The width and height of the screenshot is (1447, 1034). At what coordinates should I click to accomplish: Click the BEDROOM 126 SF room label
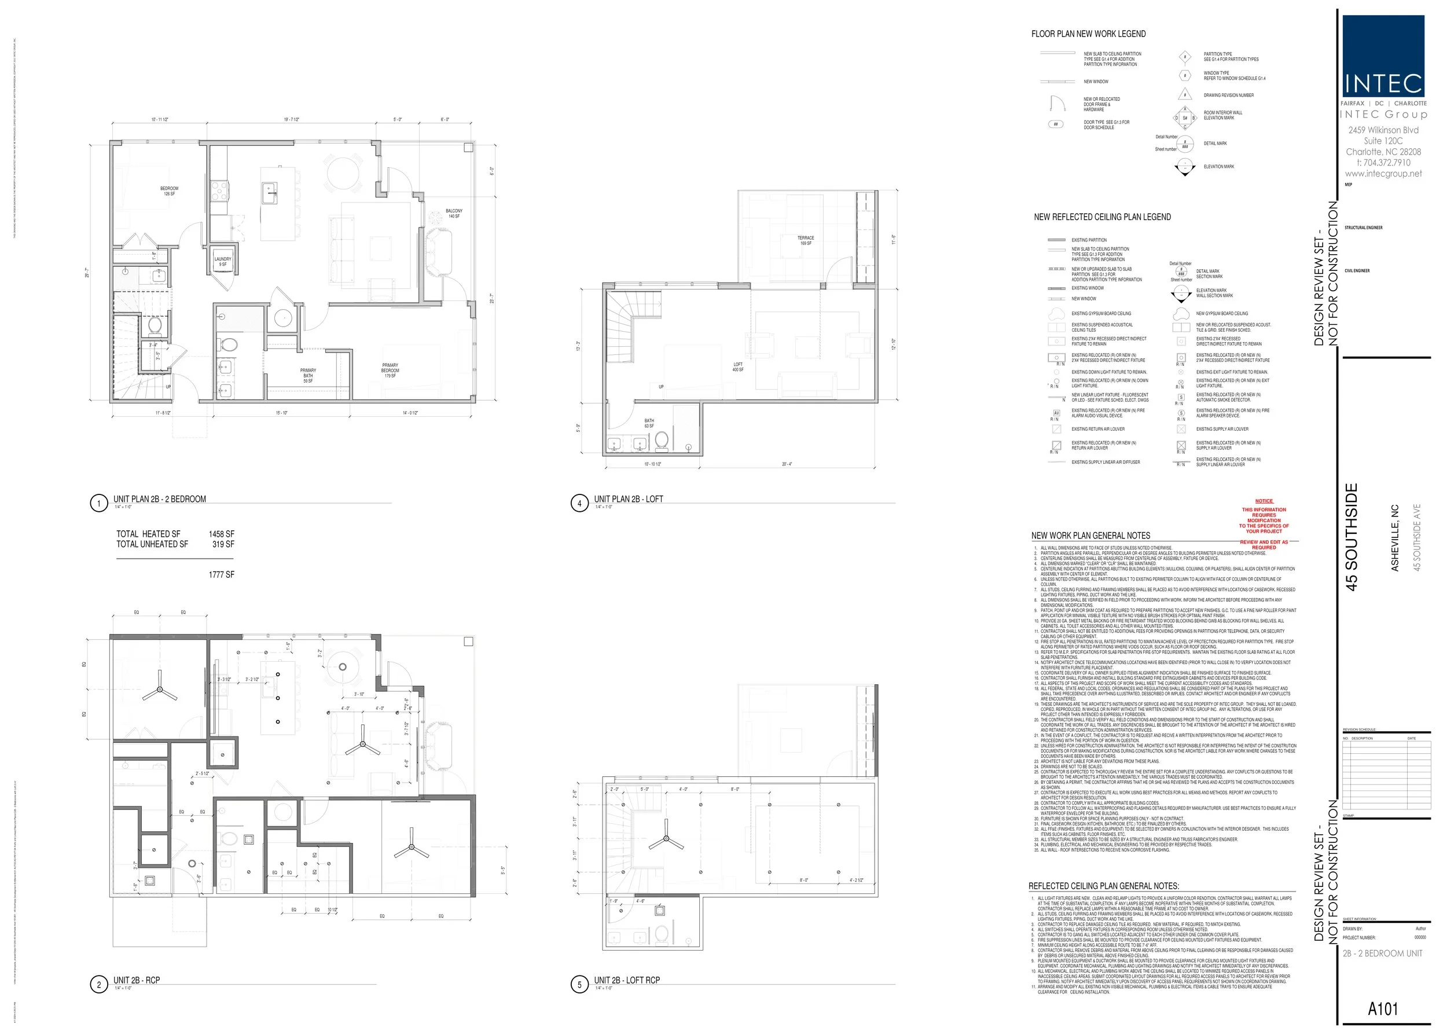(x=170, y=191)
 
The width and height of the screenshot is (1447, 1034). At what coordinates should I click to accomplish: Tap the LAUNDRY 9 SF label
(x=223, y=262)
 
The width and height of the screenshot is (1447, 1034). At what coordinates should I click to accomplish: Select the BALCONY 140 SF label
(x=454, y=213)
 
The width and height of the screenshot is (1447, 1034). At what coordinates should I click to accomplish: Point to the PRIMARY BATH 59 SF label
(x=308, y=376)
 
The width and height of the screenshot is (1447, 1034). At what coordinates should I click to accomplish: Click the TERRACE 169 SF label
(x=805, y=240)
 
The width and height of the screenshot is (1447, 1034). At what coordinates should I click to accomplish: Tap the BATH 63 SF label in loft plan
(x=649, y=423)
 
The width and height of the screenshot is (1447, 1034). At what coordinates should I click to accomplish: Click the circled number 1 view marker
(x=98, y=504)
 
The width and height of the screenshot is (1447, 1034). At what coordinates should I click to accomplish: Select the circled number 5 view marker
(x=579, y=984)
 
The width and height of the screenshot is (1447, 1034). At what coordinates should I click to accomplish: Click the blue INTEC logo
(x=1383, y=56)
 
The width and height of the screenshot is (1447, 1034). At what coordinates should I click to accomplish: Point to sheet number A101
(x=1383, y=1009)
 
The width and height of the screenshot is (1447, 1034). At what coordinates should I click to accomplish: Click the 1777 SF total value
(x=221, y=574)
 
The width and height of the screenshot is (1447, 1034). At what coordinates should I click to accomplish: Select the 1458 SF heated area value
(x=221, y=534)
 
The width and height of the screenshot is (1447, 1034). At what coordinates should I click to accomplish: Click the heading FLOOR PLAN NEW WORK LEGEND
(x=1089, y=34)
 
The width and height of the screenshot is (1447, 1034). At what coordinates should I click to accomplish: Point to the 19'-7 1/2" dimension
(x=292, y=120)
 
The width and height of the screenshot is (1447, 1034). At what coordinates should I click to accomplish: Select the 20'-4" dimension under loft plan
(x=787, y=464)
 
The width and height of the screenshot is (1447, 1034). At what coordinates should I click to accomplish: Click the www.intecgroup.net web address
(x=1383, y=173)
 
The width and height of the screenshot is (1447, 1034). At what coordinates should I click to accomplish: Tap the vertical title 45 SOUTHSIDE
(x=1351, y=537)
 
